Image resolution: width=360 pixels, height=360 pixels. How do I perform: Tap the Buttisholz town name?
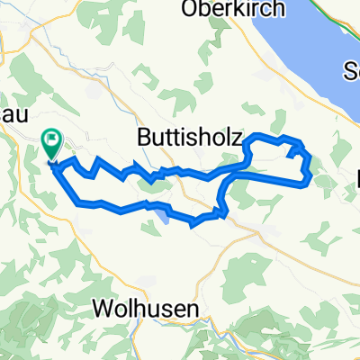tap(190, 138)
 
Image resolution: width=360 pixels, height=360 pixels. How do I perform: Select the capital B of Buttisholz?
tap(146, 138)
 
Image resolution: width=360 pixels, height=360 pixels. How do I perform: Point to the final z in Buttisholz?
tap(236, 138)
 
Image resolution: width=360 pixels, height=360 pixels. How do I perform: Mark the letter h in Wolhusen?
tap(139, 309)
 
